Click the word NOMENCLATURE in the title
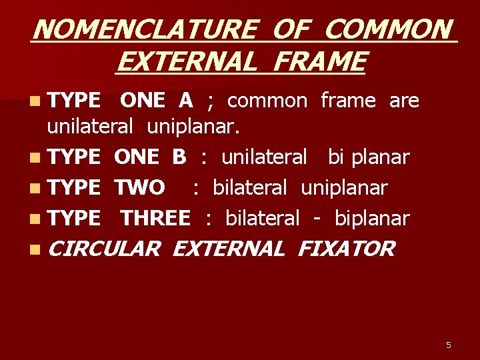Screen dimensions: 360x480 click(x=143, y=30)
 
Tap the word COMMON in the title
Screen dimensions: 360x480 click(x=388, y=30)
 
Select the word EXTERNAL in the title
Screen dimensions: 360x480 click(x=185, y=62)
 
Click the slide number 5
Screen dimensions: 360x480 click(x=448, y=345)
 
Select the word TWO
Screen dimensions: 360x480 click(x=140, y=188)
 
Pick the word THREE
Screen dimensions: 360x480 click(x=155, y=218)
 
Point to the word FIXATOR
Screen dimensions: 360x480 click(x=346, y=249)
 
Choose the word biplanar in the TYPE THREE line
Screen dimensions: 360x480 click(x=372, y=218)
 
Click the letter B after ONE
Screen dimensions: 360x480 click(x=179, y=157)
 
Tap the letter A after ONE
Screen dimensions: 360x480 click(x=185, y=101)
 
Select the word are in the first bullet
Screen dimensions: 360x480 click(x=404, y=101)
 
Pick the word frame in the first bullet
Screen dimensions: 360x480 click(x=348, y=101)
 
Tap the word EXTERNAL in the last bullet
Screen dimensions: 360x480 click(x=228, y=249)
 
